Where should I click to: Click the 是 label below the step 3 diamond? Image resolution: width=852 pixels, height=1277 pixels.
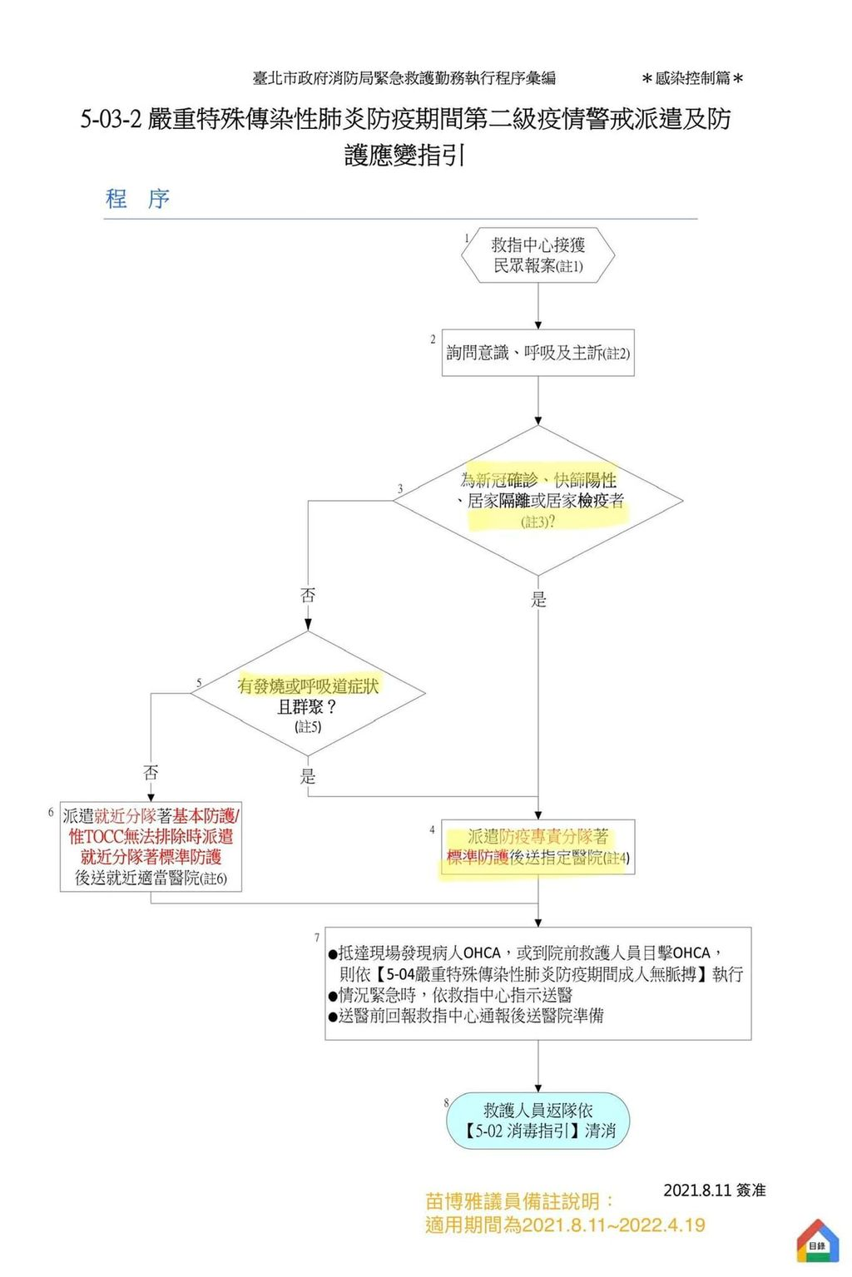coord(538,599)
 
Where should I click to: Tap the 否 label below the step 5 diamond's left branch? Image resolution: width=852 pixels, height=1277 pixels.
coord(151,773)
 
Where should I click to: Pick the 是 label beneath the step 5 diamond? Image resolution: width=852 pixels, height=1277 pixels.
coord(307,776)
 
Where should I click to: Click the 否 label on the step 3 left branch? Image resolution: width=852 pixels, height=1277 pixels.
coord(307,595)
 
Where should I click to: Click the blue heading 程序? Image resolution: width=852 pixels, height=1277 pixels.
coord(137,199)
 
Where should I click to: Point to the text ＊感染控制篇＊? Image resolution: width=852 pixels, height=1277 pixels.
coord(692,78)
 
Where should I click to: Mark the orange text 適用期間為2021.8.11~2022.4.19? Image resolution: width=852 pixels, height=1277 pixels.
coord(565,1225)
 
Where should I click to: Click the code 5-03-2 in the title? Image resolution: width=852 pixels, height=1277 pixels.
coord(111,119)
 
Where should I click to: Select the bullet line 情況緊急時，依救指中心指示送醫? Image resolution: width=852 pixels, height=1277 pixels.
coord(450,995)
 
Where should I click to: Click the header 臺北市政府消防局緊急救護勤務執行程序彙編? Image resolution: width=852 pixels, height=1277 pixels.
coord(404,78)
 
